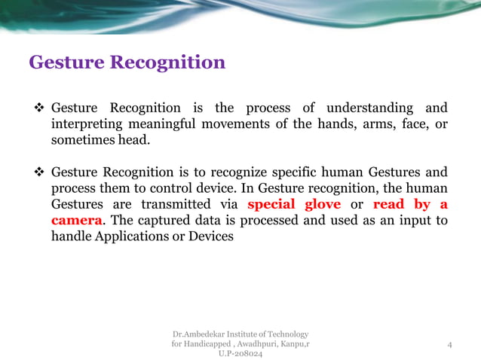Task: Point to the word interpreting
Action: click(x=90, y=124)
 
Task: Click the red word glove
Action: click(x=320, y=204)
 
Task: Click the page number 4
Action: click(x=449, y=345)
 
